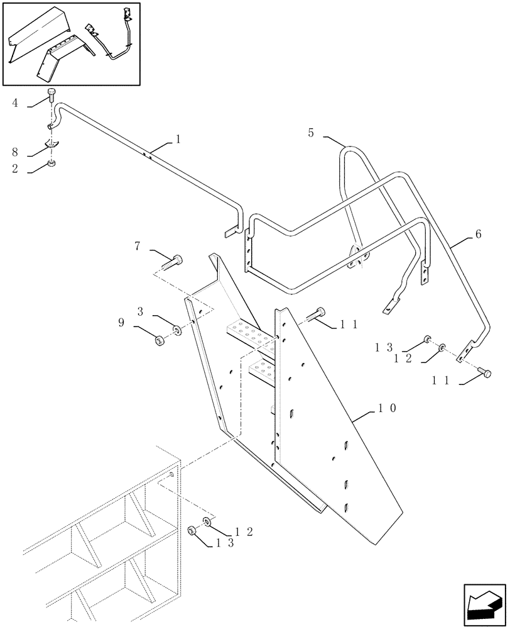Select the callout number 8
pos(14,152)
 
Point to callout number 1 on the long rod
pos(177,139)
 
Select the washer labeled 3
pos(177,329)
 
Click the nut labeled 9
pos(160,342)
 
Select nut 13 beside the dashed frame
pos(192,533)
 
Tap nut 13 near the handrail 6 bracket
pos(427,340)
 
